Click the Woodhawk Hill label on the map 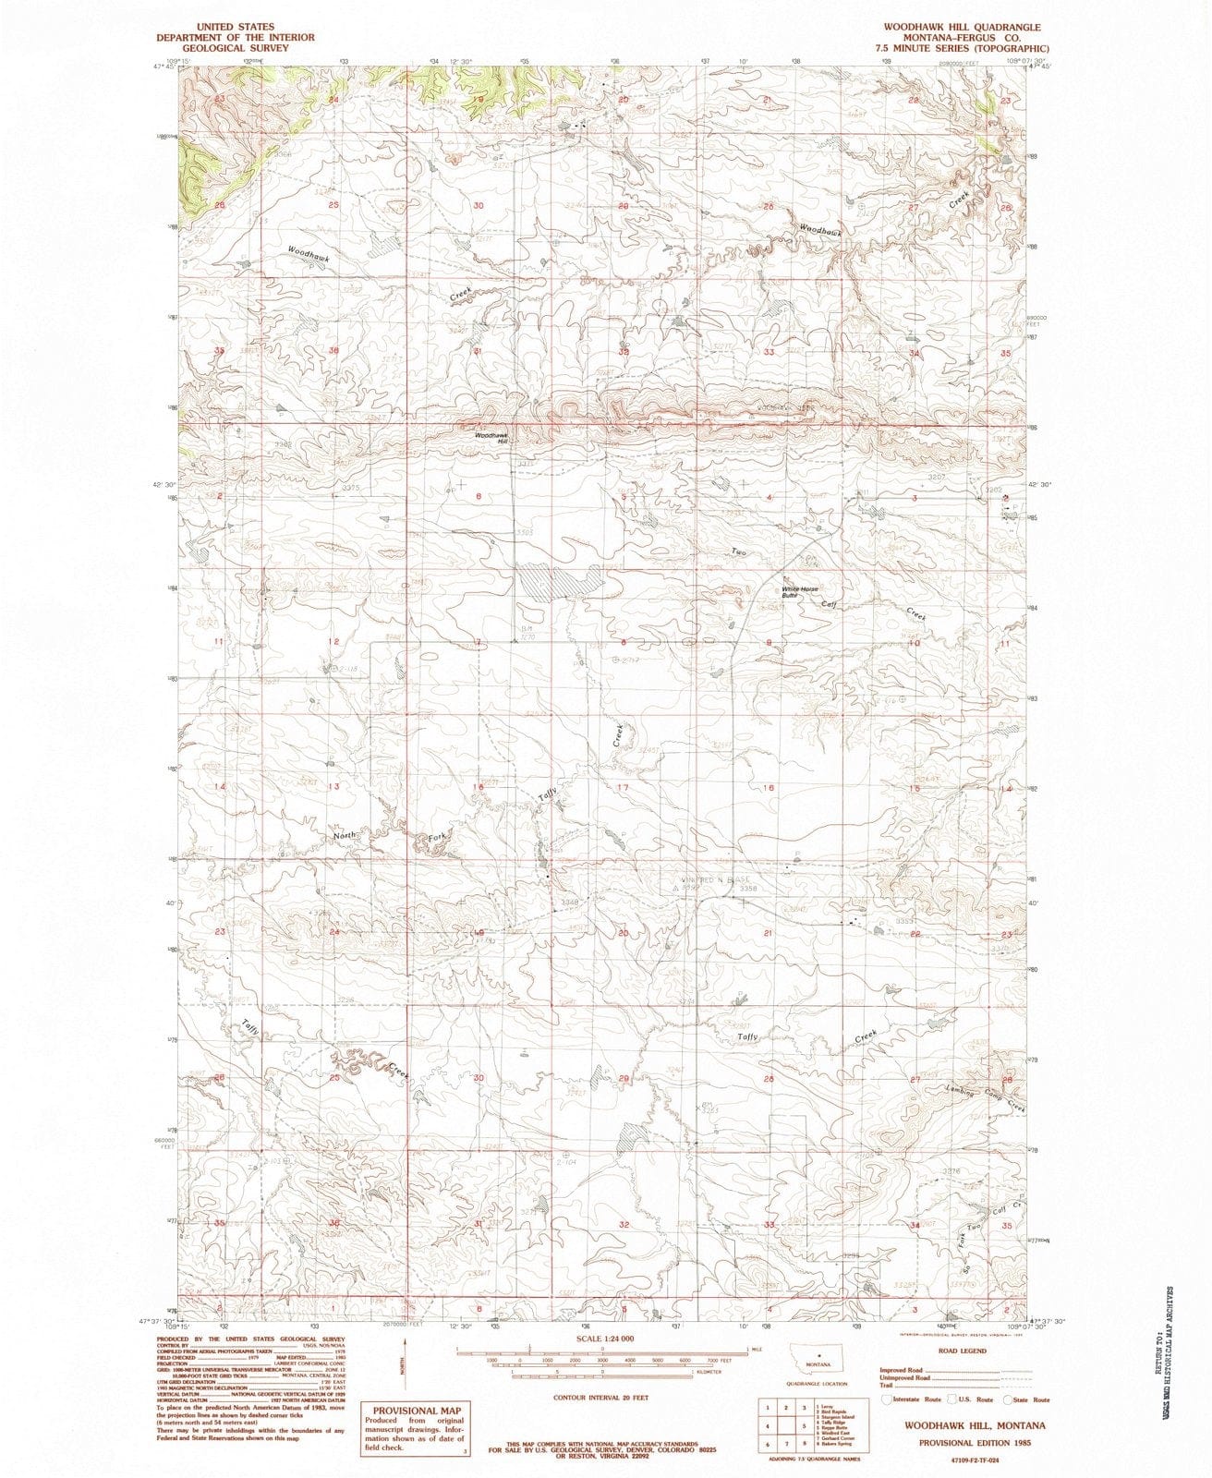click(491, 439)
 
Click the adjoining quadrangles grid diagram click(783, 1425)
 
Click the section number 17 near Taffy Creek click(623, 788)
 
